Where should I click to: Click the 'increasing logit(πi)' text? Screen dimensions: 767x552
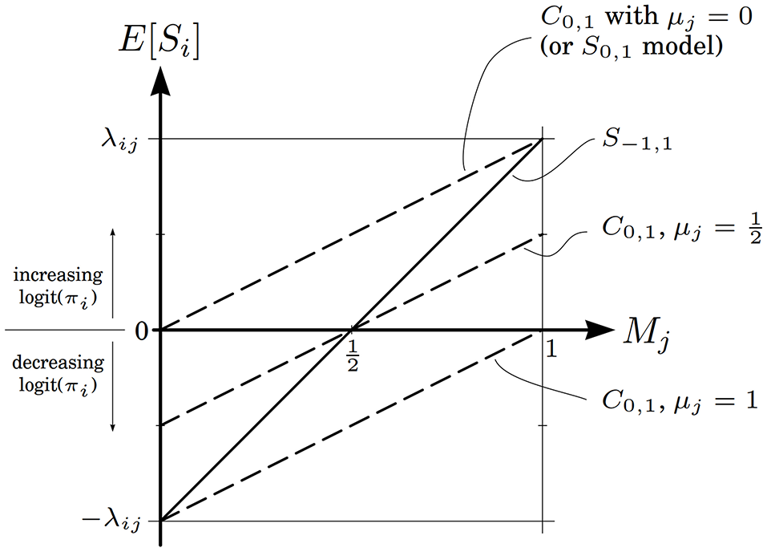[57, 286]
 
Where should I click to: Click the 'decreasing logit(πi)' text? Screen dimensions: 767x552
[57, 373]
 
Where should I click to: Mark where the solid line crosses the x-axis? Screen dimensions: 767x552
[351, 330]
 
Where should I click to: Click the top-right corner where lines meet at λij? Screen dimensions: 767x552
[543, 139]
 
